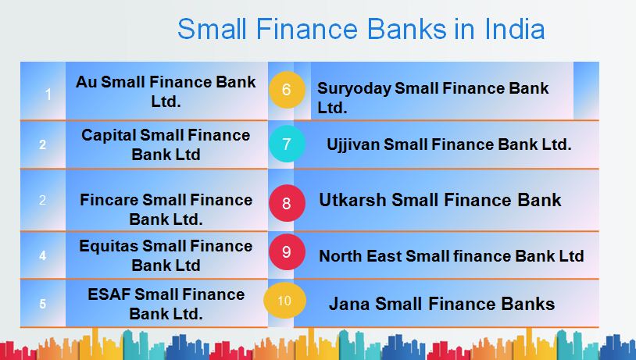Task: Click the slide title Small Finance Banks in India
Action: (x=360, y=28)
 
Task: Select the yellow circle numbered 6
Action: (x=286, y=90)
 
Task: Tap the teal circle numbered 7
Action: (x=287, y=144)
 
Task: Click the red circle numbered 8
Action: (x=286, y=203)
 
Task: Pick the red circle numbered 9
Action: (x=286, y=252)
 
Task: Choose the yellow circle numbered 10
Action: (x=284, y=301)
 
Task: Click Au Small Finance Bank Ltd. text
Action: (x=166, y=91)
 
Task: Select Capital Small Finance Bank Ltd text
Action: (x=166, y=144)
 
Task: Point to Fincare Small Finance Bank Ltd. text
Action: (x=166, y=209)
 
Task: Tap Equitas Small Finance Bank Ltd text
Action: (x=166, y=255)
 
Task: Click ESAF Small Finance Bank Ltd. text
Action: (x=166, y=304)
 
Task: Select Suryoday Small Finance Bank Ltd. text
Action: (x=432, y=98)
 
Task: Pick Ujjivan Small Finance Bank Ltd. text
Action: (x=448, y=144)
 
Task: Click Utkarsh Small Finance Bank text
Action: (x=440, y=200)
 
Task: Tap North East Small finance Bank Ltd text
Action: (x=451, y=255)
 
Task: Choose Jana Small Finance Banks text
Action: (x=441, y=303)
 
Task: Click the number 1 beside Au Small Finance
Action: (x=48, y=94)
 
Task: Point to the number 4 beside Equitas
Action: (x=43, y=255)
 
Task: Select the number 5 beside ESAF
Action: (x=43, y=304)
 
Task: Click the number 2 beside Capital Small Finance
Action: (x=43, y=144)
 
